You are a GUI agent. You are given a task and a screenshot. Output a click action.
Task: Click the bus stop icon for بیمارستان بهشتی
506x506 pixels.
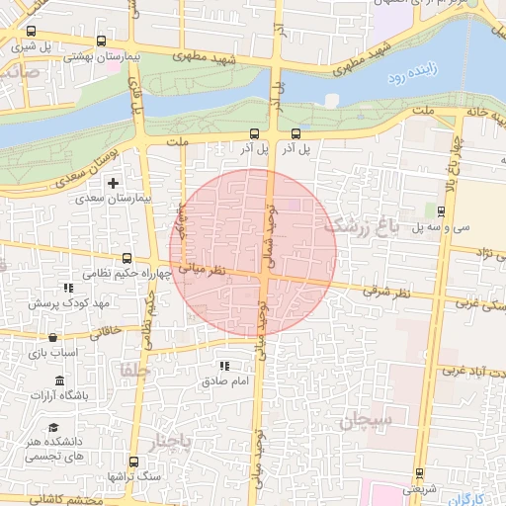[x=103, y=42]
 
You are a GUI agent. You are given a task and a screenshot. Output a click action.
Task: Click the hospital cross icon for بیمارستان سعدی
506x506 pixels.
[x=114, y=182]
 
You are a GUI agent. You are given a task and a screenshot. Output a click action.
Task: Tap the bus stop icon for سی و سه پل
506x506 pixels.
[x=442, y=210]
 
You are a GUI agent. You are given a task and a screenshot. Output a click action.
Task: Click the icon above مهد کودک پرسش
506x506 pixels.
[x=68, y=288]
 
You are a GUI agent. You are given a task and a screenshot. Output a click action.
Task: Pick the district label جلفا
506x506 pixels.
[x=133, y=370]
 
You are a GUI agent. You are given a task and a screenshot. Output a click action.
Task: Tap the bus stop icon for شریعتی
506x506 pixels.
[x=419, y=472]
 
